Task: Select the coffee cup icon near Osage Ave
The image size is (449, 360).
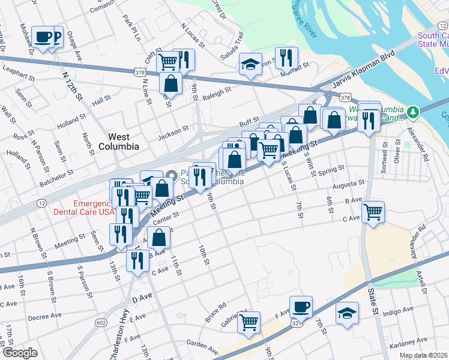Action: tap(43, 37)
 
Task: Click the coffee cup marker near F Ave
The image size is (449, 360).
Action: tap(301, 307)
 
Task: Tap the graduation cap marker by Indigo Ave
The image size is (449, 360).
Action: tap(347, 313)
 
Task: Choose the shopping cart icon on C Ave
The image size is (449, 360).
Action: tap(373, 211)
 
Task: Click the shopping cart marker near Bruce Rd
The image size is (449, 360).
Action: tap(249, 322)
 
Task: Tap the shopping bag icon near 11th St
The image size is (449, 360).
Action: tap(158, 238)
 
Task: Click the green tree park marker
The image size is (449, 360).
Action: tap(412, 112)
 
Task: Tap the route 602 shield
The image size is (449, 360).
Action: tap(100, 323)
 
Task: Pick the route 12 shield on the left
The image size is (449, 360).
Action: tap(40, 204)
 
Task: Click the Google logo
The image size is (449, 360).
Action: tap(19, 353)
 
